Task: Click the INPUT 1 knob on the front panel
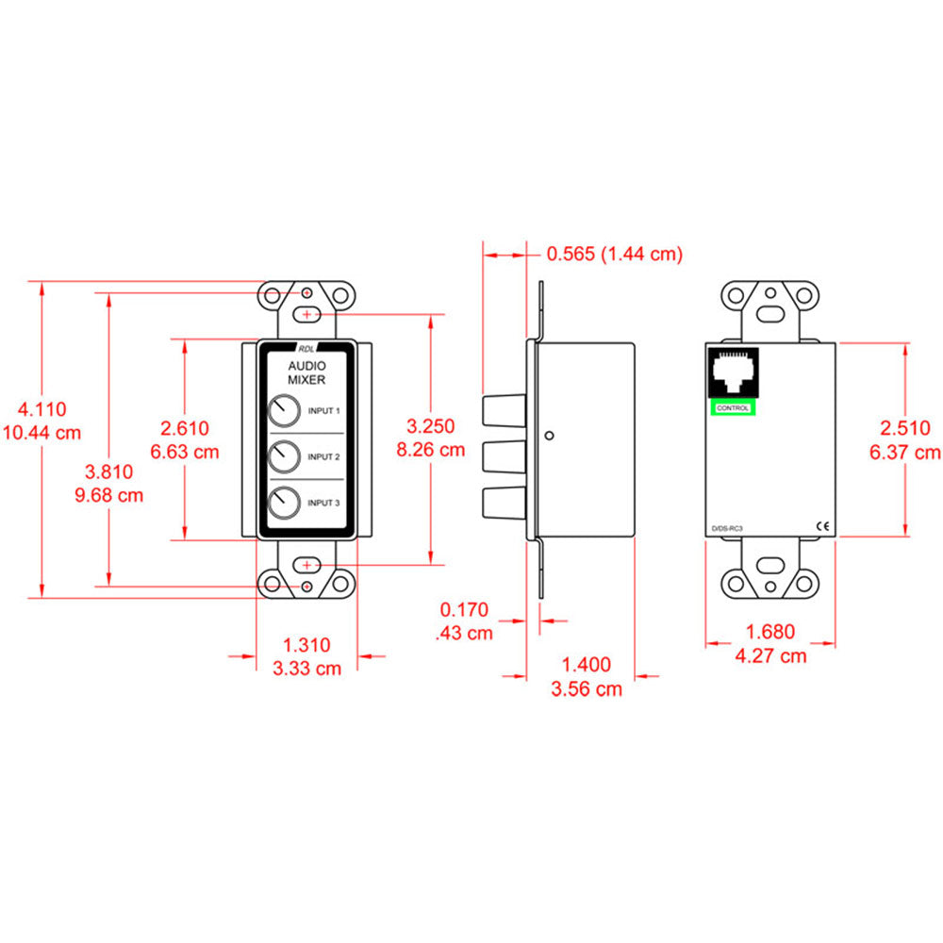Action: (282, 411)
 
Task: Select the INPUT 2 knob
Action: (282, 457)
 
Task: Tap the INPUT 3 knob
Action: (282, 503)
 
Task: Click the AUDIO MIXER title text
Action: (306, 372)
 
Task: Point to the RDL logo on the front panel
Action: (307, 346)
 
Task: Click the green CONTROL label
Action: (733, 407)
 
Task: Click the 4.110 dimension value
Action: (43, 409)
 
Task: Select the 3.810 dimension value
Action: (109, 471)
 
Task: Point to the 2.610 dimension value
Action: (185, 428)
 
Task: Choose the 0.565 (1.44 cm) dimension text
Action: (614, 253)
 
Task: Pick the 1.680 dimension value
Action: (769, 632)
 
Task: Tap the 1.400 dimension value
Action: (587, 665)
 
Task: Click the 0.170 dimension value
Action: (464, 609)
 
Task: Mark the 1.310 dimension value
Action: (306, 645)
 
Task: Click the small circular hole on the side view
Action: (549, 436)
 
